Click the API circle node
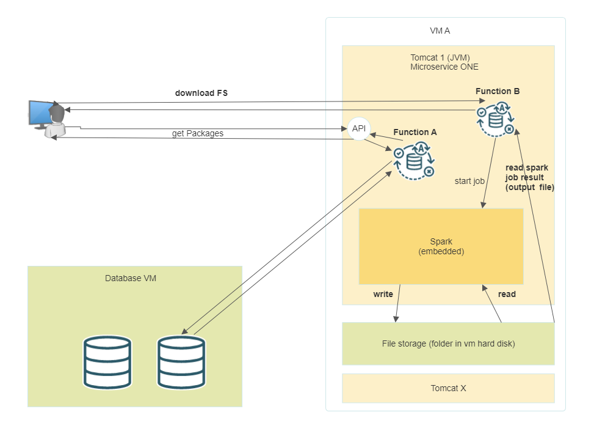[x=359, y=128]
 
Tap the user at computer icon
[x=48, y=119]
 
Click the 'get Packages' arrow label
[x=197, y=133]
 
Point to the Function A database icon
[x=415, y=161]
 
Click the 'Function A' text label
[x=415, y=132]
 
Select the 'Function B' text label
[x=498, y=91]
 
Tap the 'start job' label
[x=469, y=181]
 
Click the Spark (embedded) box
[x=441, y=246]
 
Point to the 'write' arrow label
[x=383, y=294]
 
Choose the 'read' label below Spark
[x=507, y=294]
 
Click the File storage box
[x=448, y=343]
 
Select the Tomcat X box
[x=448, y=388]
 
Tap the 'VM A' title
[x=440, y=31]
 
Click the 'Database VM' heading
[x=131, y=278]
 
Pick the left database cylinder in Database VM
[x=107, y=362]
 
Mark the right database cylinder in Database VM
[x=181, y=362]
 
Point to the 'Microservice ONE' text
[x=444, y=67]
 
